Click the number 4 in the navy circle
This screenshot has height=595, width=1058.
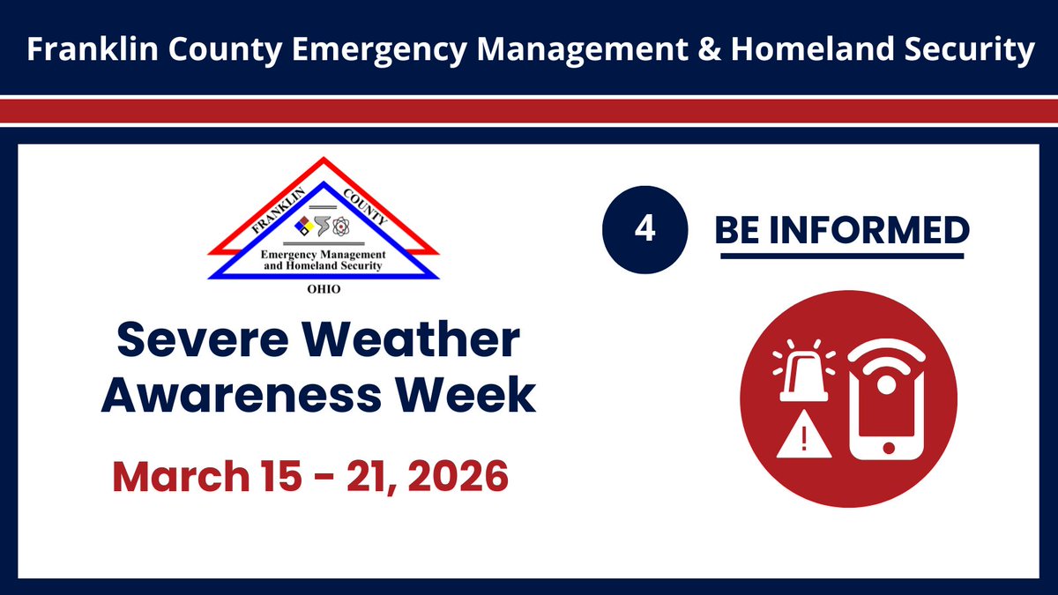[x=644, y=230]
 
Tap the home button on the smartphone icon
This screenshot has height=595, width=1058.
[x=887, y=448]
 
